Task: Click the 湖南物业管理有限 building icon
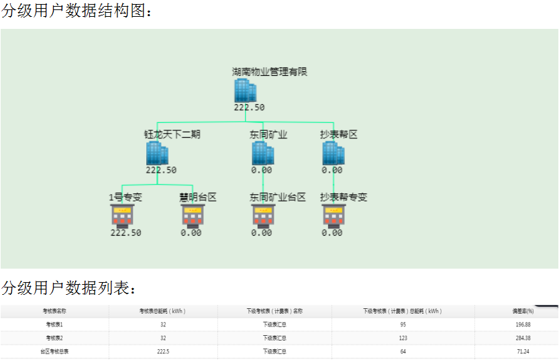tap(245, 91)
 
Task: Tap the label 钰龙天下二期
tap(172, 134)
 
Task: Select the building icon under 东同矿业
tap(262, 153)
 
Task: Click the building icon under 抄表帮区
tap(333, 153)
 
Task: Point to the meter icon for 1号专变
tap(122, 216)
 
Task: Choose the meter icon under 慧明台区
tap(193, 216)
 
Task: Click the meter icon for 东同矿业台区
tap(263, 216)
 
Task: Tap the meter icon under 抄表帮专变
tap(334, 216)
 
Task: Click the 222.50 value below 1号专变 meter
tap(126, 233)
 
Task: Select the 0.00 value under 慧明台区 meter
tap(191, 233)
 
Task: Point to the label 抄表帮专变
tap(344, 197)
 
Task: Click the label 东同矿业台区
tap(278, 197)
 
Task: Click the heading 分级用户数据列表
tap(69, 289)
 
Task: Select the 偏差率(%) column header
tap(523, 312)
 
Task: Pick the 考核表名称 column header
tap(54, 312)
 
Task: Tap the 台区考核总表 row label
tap(54, 351)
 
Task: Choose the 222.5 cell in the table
tap(163, 351)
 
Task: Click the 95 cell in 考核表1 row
tap(403, 325)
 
